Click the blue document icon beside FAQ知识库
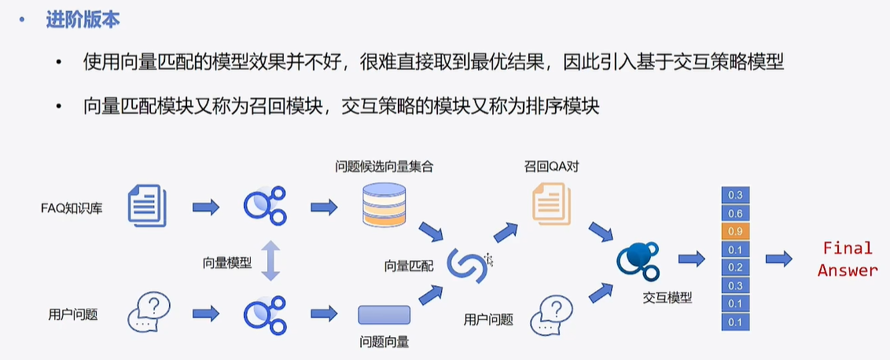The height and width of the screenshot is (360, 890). point(147,206)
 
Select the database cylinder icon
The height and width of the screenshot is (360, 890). point(384,207)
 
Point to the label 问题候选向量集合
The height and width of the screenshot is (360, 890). point(384,167)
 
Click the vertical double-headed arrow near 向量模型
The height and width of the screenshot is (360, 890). point(270,261)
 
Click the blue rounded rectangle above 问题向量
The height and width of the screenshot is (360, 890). point(384,314)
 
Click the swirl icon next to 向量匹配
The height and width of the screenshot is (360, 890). point(467,265)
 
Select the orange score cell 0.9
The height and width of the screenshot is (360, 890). point(735,231)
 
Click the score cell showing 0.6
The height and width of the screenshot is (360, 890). point(735,213)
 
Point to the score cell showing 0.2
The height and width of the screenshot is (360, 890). point(735,267)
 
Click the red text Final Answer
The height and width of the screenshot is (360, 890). point(848,259)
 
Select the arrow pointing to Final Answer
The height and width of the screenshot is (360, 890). point(780,259)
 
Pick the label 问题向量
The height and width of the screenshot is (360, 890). point(384,342)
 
